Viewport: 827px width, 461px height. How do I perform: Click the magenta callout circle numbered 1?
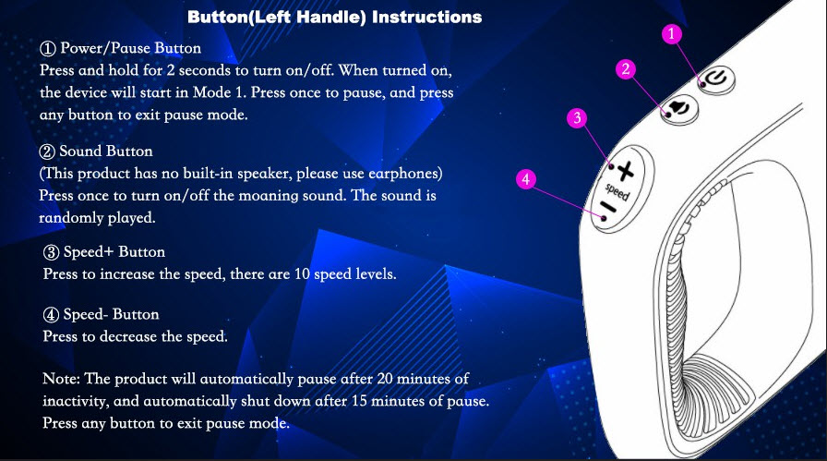pyautogui.click(x=671, y=34)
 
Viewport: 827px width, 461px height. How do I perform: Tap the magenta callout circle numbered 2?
pyautogui.click(x=626, y=69)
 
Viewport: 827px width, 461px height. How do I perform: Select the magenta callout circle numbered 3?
pyautogui.click(x=577, y=117)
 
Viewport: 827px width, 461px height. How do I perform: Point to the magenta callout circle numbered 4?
pyautogui.click(x=526, y=179)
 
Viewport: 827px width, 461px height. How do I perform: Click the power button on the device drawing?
pyautogui.click(x=717, y=80)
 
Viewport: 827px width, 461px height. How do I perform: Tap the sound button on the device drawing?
pyautogui.click(x=679, y=109)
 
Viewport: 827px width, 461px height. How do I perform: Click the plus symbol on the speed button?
pyautogui.click(x=626, y=171)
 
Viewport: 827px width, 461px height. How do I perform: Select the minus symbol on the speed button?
pyautogui.click(x=608, y=208)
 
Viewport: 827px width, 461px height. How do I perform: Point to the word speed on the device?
pyautogui.click(x=617, y=191)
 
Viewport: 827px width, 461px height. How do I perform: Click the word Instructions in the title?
pyautogui.click(x=426, y=18)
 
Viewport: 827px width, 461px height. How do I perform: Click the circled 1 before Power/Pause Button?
pyautogui.click(x=47, y=49)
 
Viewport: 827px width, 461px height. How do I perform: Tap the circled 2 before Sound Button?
pyautogui.click(x=46, y=152)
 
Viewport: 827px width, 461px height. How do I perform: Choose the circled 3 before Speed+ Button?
pyautogui.click(x=51, y=252)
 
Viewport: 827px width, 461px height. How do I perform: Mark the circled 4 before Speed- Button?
pyautogui.click(x=51, y=315)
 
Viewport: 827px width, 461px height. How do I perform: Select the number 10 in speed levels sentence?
pyautogui.click(x=302, y=274)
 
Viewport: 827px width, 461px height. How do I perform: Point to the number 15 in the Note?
pyautogui.click(x=359, y=401)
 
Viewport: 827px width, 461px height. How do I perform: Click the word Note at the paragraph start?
pyautogui.click(x=61, y=379)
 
